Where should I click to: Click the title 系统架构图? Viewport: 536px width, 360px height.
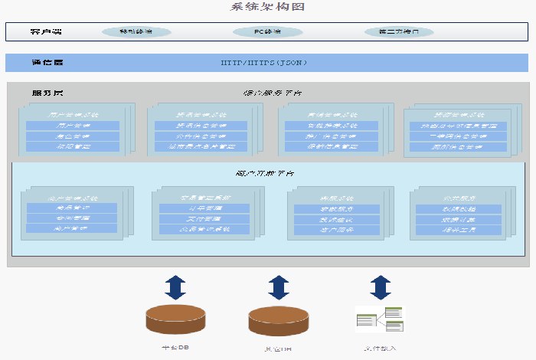267,7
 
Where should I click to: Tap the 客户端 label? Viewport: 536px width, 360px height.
46,32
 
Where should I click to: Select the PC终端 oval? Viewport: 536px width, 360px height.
267,32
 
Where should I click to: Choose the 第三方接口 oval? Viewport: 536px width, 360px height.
399,32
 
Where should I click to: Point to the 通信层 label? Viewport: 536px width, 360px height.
47,63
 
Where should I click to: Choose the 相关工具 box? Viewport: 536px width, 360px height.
457,229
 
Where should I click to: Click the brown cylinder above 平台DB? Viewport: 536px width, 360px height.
175,319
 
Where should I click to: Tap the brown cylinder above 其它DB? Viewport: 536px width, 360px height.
277,319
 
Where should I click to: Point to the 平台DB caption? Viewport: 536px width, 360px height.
175,348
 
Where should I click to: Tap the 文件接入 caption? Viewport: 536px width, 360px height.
381,349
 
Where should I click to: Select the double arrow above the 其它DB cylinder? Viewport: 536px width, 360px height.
277,287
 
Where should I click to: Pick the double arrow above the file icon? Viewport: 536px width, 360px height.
381,287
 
